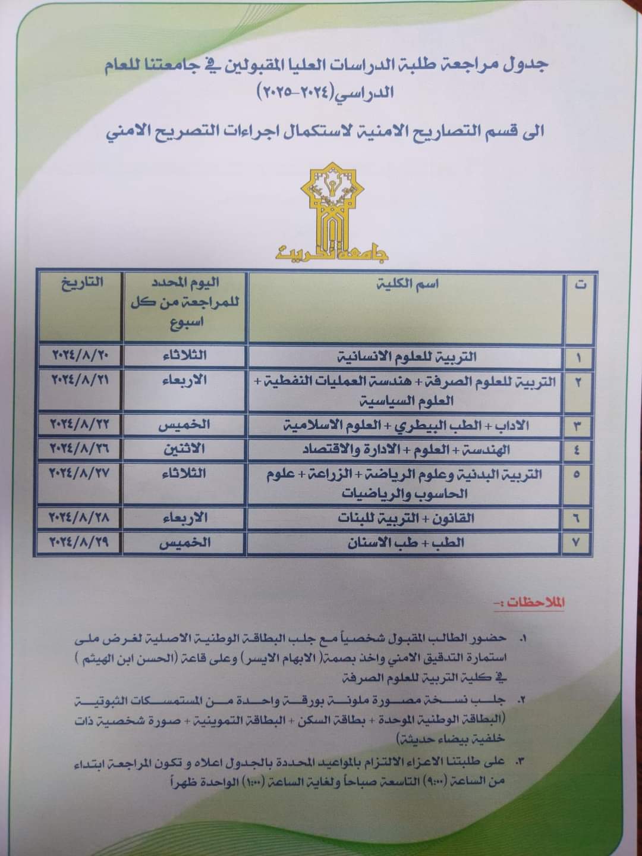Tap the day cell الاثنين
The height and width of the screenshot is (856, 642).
(184, 449)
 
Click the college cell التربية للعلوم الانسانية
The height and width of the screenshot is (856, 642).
(407, 357)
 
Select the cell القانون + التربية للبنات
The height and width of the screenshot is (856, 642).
(406, 518)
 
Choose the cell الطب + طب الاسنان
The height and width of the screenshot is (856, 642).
(406, 542)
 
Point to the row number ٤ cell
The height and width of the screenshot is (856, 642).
(578, 450)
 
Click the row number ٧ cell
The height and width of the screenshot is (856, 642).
(578, 543)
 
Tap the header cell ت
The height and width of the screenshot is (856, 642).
(579, 285)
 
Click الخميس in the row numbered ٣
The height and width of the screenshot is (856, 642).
(184, 425)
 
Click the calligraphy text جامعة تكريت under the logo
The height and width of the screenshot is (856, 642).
(332, 252)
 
